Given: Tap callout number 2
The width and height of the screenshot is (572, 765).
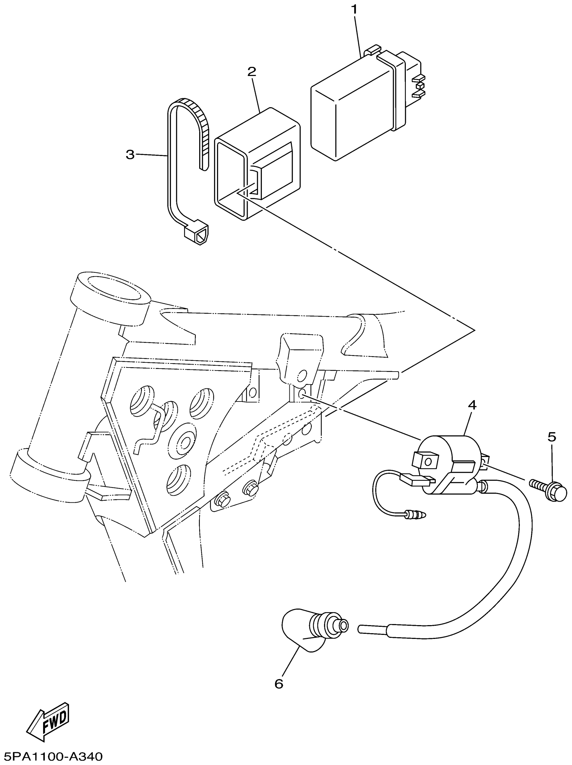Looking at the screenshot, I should pyautogui.click(x=252, y=72).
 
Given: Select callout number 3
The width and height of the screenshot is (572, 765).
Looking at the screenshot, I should pyautogui.click(x=130, y=155).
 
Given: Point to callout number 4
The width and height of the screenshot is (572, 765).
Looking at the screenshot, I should pyautogui.click(x=472, y=405).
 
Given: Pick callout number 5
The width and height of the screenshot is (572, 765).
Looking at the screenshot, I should pyautogui.click(x=551, y=437).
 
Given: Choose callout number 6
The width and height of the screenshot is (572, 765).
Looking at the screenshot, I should pyautogui.click(x=279, y=684).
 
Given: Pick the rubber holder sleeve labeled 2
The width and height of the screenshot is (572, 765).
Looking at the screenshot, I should pyautogui.click(x=258, y=162).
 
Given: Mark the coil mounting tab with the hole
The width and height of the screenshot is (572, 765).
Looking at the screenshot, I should pyautogui.click(x=426, y=461).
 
